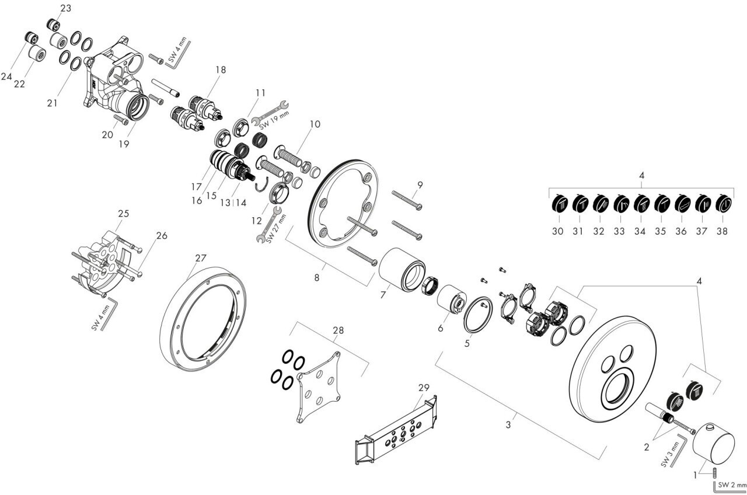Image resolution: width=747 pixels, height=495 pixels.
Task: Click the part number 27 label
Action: [x=201, y=257]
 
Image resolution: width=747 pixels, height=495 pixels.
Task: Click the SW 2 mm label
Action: [x=732, y=484]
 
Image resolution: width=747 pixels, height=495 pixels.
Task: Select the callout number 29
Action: [x=423, y=387]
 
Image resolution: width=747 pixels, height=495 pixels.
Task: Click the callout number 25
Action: [x=123, y=214]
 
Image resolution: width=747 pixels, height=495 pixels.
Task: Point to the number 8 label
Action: [x=317, y=278]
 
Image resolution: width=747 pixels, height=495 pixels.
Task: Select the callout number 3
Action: [x=508, y=425]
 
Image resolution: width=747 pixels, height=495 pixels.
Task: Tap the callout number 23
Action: [x=66, y=8]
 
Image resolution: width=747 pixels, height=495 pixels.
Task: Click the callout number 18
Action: [x=220, y=69]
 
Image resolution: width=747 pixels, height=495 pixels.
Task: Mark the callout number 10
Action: [x=315, y=124]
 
